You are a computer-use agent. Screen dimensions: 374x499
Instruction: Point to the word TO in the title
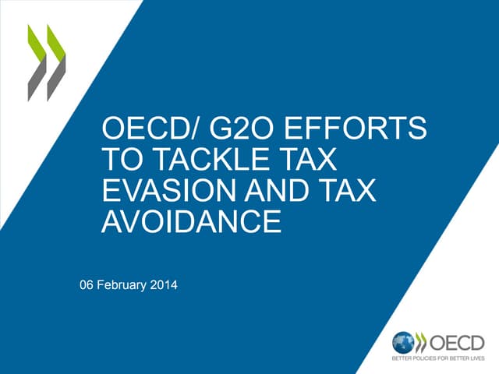point(119,160)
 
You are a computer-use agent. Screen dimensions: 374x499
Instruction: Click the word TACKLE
point(205,160)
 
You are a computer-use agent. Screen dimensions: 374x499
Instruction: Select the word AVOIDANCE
point(191,222)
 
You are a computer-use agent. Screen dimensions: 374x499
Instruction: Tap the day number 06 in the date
point(88,285)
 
